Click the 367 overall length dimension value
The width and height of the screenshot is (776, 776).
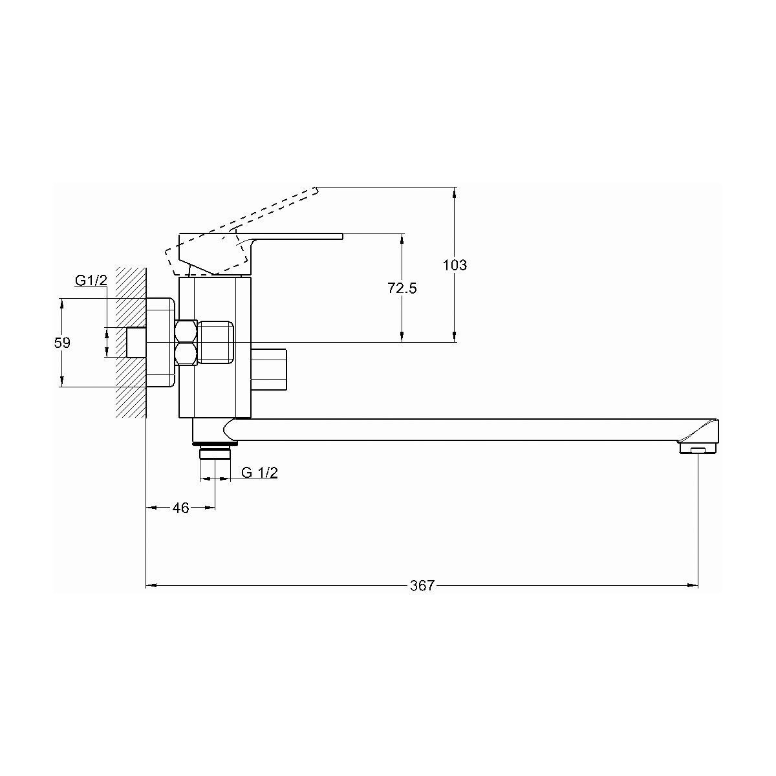422,586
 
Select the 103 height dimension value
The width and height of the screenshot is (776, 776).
455,265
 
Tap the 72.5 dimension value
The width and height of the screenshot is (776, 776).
402,288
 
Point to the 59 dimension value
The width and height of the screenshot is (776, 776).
62,343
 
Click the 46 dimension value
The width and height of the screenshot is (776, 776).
181,508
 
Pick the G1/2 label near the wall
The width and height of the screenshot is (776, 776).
91,281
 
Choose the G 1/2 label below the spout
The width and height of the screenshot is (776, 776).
259,473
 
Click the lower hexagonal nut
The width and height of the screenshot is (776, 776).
186,354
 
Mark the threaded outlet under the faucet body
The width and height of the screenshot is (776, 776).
215,451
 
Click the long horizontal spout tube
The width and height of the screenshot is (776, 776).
453,431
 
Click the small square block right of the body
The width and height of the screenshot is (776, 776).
268,370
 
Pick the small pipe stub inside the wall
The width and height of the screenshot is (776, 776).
135,342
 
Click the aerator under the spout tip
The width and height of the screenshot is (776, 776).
696,449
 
